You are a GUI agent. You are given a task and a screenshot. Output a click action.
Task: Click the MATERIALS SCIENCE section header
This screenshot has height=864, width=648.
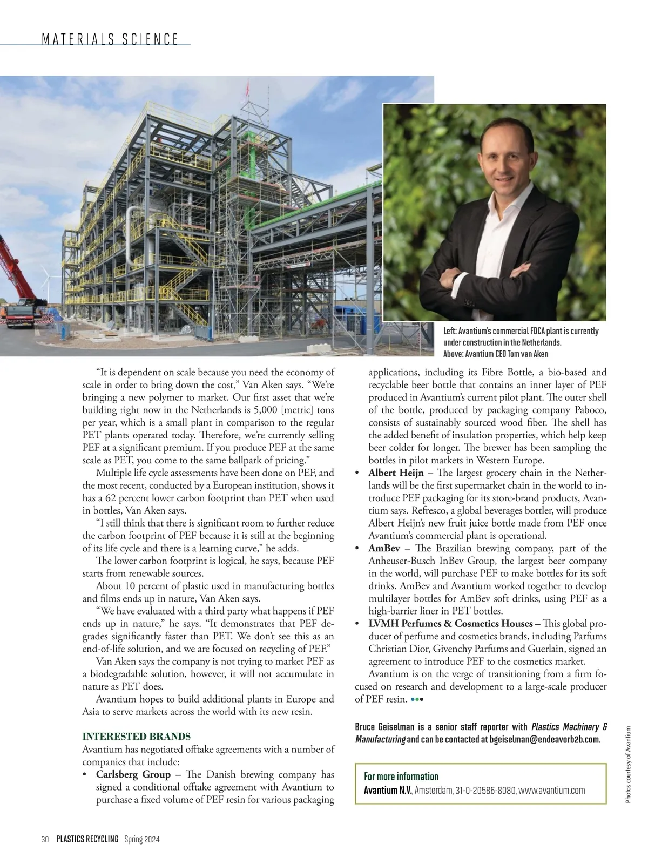(110, 39)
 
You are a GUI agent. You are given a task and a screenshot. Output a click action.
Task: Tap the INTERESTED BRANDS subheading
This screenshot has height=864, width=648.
(136, 736)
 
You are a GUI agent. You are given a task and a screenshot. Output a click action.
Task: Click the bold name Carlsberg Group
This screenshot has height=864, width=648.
(133, 774)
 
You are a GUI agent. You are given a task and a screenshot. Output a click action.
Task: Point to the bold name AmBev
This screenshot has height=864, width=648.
(384, 548)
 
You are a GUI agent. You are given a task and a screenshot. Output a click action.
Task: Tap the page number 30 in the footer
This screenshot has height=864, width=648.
(45, 839)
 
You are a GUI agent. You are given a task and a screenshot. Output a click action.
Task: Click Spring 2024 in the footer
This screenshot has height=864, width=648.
(142, 839)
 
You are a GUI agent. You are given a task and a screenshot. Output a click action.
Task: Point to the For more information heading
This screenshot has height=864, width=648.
(401, 776)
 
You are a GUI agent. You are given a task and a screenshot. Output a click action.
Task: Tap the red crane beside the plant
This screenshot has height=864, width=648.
(16, 281)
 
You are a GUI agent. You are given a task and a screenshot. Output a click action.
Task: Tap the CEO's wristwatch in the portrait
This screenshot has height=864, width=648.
(458, 278)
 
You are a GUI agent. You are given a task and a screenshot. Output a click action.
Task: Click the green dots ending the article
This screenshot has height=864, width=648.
(417, 699)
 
